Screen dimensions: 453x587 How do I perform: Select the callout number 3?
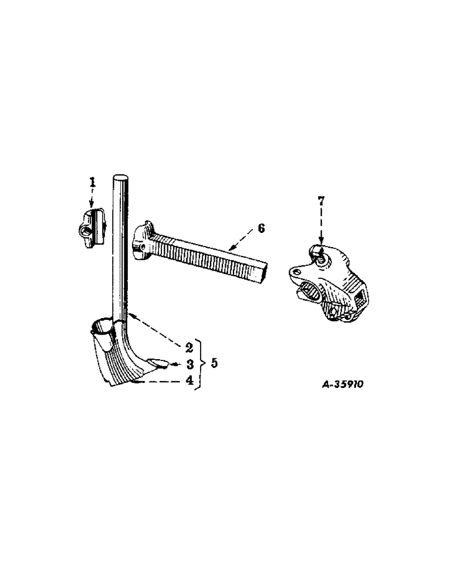[190, 364]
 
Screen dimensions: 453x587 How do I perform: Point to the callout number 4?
[190, 380]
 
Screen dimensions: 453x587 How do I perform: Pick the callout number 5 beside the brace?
[214, 363]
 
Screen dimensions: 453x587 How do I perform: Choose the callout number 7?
[321, 201]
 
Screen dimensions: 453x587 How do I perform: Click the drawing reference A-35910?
[343, 385]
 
